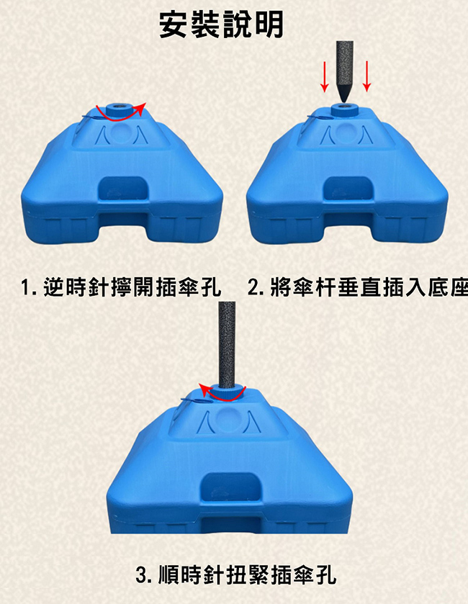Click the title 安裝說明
tap(221, 24)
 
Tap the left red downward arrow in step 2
tap(325, 76)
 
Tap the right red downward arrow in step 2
tap(366, 76)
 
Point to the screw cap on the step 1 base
tap(119, 109)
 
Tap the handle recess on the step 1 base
tap(123, 189)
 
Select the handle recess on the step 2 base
tap(348, 189)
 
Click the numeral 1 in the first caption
tap(25, 288)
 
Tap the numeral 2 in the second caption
tap(253, 288)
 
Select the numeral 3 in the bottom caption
tap(141, 575)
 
